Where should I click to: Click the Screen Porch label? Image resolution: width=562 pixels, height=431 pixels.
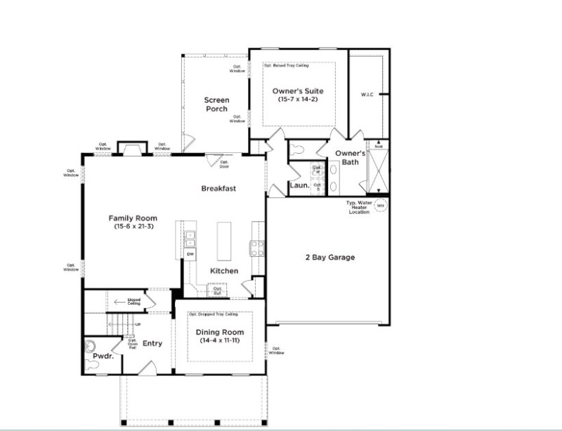pyautogui.click(x=217, y=105)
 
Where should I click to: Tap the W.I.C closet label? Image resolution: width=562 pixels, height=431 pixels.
pyautogui.click(x=368, y=93)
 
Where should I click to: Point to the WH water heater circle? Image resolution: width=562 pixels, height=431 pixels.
pyautogui.click(x=381, y=205)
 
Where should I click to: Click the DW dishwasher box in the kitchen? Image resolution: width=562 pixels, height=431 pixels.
pyautogui.click(x=190, y=253)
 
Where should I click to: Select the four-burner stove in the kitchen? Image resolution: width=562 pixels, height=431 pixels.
pyautogui.click(x=257, y=248)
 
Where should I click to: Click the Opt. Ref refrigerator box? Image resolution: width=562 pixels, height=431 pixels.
pyautogui.click(x=218, y=290)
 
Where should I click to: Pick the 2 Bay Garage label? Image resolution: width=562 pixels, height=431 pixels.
pyautogui.click(x=329, y=257)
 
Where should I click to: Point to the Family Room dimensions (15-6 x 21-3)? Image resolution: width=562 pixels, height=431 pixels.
pyautogui.click(x=132, y=227)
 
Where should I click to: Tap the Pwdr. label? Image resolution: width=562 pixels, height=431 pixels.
pyautogui.click(x=103, y=357)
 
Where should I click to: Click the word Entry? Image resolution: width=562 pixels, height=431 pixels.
pyautogui.click(x=152, y=343)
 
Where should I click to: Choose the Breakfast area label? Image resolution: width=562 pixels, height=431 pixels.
pyautogui.click(x=218, y=188)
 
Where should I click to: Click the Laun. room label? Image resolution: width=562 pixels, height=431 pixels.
pyautogui.click(x=300, y=185)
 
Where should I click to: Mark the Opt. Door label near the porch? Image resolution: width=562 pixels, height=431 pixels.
pyautogui.click(x=225, y=164)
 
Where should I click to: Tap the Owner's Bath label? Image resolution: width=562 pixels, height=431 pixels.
pyautogui.click(x=349, y=157)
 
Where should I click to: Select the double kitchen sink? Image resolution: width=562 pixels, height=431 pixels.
pyautogui.click(x=190, y=235)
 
